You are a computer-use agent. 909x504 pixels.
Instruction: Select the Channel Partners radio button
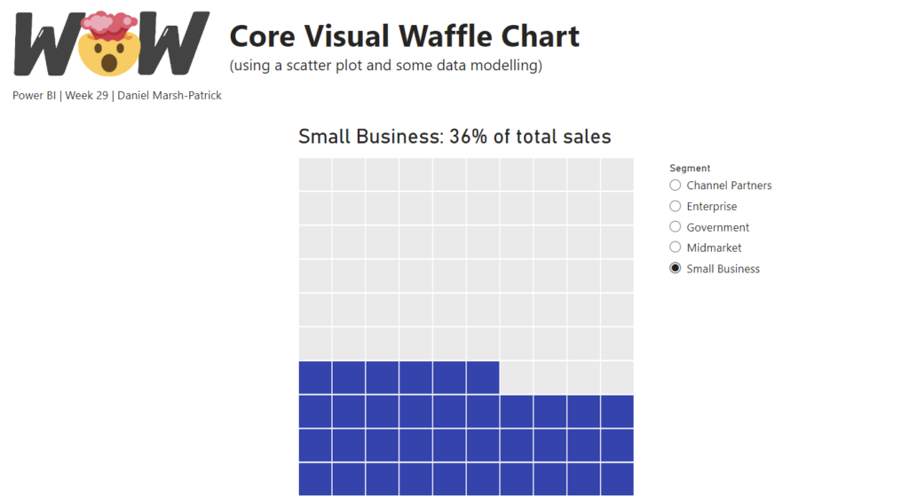(676, 185)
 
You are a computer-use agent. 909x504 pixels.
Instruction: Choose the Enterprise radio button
(676, 206)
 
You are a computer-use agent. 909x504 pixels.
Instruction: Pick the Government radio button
(676, 227)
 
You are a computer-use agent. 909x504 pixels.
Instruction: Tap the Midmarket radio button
(676, 248)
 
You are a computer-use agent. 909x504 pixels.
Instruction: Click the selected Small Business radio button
(676, 268)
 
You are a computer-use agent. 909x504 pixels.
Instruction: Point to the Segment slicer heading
(690, 168)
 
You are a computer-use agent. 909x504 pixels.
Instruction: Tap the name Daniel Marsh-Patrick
(170, 95)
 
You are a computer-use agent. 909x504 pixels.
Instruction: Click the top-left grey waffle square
(315, 174)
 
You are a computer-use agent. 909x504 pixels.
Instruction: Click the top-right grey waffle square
(617, 174)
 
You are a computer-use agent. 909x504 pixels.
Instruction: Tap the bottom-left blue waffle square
(315, 479)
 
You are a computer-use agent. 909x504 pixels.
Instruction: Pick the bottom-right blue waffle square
(617, 479)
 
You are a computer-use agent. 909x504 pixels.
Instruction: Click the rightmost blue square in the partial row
(483, 377)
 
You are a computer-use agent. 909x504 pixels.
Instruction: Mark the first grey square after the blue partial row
(517, 377)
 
